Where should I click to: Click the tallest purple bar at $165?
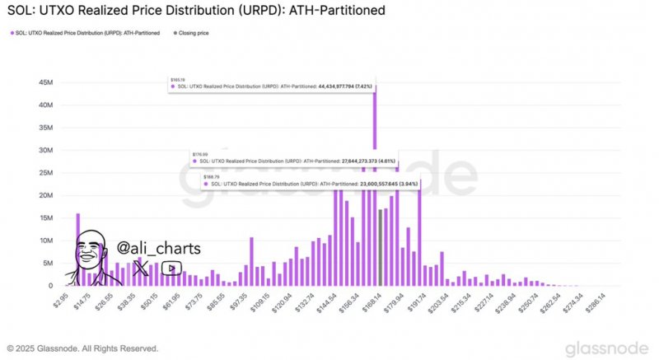pyautogui.click(x=376, y=165)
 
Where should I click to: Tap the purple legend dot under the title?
pyautogui.click(x=11, y=32)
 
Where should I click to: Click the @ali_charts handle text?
pyautogui.click(x=158, y=248)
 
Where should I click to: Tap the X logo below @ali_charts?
pyautogui.click(x=141, y=268)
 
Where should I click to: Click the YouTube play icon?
pyautogui.click(x=171, y=268)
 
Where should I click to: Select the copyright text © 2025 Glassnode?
pyautogui.click(x=82, y=348)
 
